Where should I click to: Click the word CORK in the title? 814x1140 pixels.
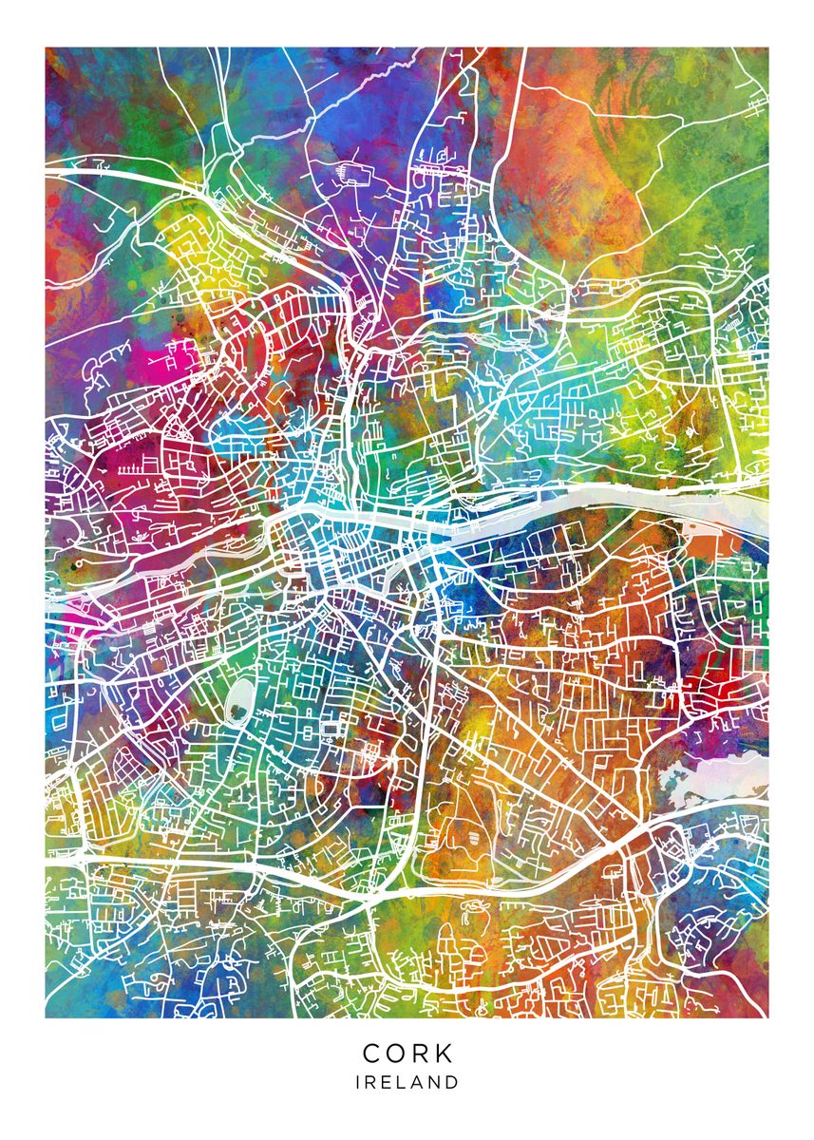tap(407, 1054)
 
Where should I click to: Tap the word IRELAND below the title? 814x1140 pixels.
tap(407, 1082)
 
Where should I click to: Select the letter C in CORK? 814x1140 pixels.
tap(371, 1054)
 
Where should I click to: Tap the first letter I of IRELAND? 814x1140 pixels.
tap(358, 1082)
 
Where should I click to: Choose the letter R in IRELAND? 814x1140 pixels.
tap(370, 1082)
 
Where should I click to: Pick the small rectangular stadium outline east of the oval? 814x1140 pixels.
tap(331, 729)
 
